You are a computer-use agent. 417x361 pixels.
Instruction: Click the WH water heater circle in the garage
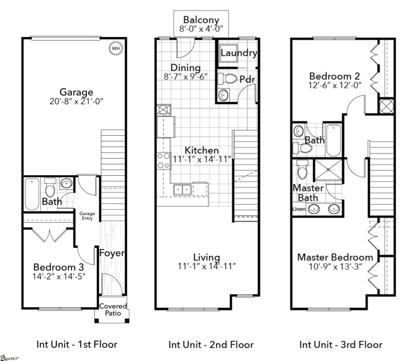[x=116, y=48]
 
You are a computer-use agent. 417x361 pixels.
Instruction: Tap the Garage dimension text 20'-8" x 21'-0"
[x=76, y=101]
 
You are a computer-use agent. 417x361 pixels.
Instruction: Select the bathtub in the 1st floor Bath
[x=32, y=194]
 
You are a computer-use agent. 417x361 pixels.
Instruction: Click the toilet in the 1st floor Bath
[x=50, y=187]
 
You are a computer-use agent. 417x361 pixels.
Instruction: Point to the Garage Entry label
[x=87, y=216]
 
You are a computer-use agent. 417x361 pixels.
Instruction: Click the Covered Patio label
[x=113, y=310]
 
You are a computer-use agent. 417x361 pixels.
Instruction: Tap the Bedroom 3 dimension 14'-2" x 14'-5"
[x=59, y=276]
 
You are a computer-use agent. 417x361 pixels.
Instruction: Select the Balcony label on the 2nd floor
[x=201, y=20]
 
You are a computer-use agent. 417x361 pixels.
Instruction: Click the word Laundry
[x=239, y=53]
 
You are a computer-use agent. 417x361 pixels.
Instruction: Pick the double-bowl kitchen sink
[x=182, y=190]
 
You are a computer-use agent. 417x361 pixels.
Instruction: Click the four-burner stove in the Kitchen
[x=164, y=161]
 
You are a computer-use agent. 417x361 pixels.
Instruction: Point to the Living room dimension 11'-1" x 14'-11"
[x=207, y=266]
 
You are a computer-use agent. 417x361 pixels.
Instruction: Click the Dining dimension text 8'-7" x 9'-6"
[x=186, y=77]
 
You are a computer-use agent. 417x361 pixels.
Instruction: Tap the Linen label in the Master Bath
[x=299, y=209]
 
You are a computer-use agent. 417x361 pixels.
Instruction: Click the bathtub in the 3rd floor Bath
[x=334, y=140]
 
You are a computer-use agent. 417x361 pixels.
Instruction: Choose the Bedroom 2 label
[x=335, y=76]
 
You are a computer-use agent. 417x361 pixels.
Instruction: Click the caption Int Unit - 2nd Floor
[x=211, y=344]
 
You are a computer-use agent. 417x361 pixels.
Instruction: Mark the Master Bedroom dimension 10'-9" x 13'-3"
[x=335, y=267]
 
